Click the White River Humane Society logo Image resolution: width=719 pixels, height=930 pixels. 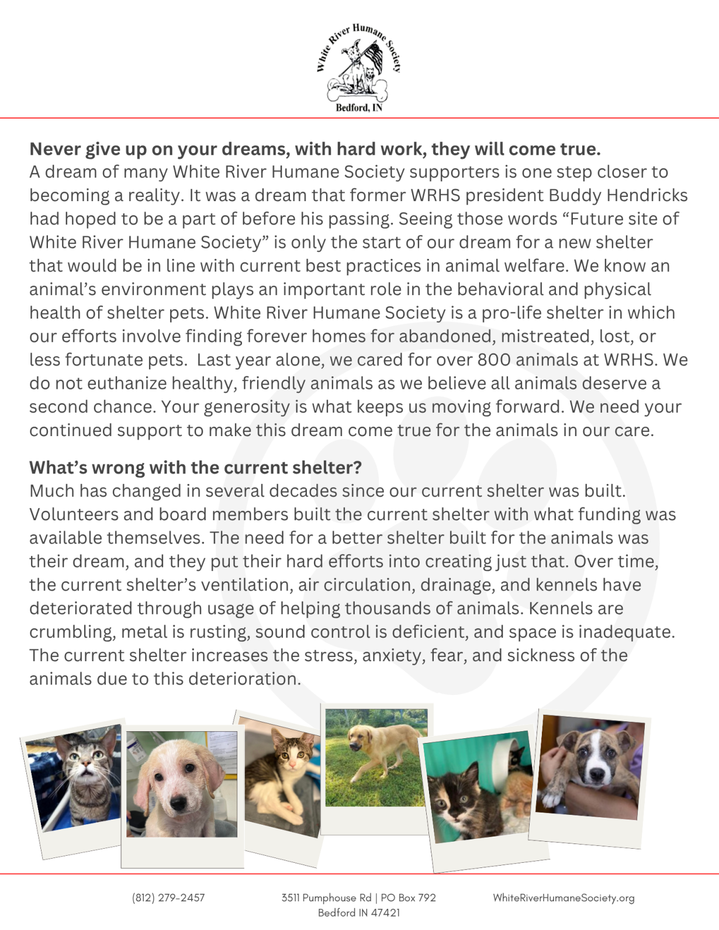[x=358, y=65]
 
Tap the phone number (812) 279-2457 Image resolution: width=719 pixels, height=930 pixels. [x=168, y=897]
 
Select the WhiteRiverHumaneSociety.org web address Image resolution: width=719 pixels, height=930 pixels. [x=564, y=897]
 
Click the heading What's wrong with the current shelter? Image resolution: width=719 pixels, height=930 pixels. [x=196, y=468]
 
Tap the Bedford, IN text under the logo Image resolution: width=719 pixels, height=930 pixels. [x=358, y=108]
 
